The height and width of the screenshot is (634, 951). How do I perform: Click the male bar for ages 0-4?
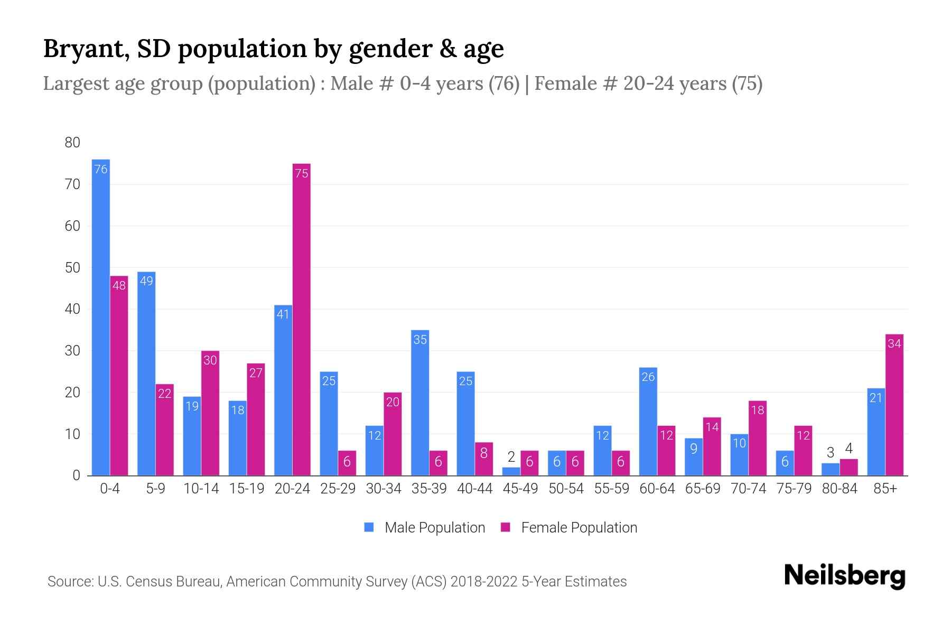(101, 317)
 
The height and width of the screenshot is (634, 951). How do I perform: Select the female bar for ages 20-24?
(301, 320)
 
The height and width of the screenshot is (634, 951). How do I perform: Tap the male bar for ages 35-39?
(420, 403)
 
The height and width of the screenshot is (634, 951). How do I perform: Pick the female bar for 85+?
(894, 405)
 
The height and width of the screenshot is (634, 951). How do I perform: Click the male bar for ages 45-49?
(511, 471)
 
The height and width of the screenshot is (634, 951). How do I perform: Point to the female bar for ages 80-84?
(849, 468)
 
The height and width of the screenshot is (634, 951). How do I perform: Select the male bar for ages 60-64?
(648, 422)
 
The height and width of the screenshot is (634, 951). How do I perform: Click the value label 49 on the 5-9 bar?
(146, 281)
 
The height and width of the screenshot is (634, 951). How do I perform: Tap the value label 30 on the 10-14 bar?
(210, 360)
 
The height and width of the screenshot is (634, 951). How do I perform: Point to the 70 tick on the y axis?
(72, 184)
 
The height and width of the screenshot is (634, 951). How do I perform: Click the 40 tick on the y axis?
(72, 309)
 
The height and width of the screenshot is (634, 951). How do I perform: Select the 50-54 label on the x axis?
(566, 489)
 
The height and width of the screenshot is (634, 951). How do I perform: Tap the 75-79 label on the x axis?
(794, 489)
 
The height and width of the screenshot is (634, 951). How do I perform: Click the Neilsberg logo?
(844, 576)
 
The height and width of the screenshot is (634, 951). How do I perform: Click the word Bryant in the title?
(87, 49)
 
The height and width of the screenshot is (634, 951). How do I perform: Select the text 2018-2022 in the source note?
(483, 582)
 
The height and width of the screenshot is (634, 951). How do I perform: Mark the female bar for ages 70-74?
(758, 438)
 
